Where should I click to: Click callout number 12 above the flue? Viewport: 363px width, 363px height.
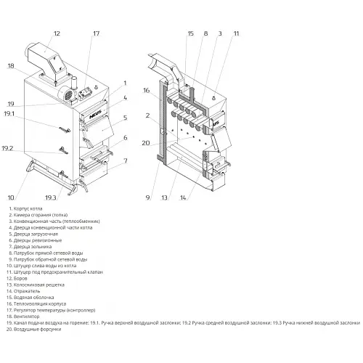[x=57, y=33]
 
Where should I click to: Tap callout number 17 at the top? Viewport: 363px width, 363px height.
[x=96, y=33]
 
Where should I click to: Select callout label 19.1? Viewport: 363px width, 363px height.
[x=9, y=113]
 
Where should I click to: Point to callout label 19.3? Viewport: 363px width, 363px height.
[x=51, y=197]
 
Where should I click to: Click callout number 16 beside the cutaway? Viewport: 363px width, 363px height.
[x=146, y=90]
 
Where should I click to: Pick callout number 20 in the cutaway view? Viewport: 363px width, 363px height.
[x=146, y=143]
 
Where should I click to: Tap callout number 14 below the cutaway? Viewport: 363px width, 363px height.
[x=183, y=197]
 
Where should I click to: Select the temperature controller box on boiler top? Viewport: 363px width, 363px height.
[x=85, y=93]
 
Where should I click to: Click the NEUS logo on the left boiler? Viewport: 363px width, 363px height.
[x=96, y=115]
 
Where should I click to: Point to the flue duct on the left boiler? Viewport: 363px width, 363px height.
[x=46, y=62]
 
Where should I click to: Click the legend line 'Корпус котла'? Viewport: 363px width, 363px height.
[x=25, y=208]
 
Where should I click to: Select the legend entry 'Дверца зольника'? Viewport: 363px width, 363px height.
[x=30, y=247]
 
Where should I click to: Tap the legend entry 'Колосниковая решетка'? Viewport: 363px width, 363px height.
[x=36, y=285]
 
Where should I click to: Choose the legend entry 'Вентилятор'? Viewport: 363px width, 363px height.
[x=23, y=317]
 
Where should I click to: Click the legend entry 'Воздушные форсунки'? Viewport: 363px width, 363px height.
[x=34, y=329]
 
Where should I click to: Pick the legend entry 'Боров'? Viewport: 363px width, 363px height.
[x=17, y=279]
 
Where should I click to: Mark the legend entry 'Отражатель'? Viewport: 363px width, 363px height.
[x=23, y=291]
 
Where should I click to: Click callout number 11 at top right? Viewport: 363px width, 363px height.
[x=236, y=33]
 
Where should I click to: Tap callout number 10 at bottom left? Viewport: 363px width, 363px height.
[x=11, y=197]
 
